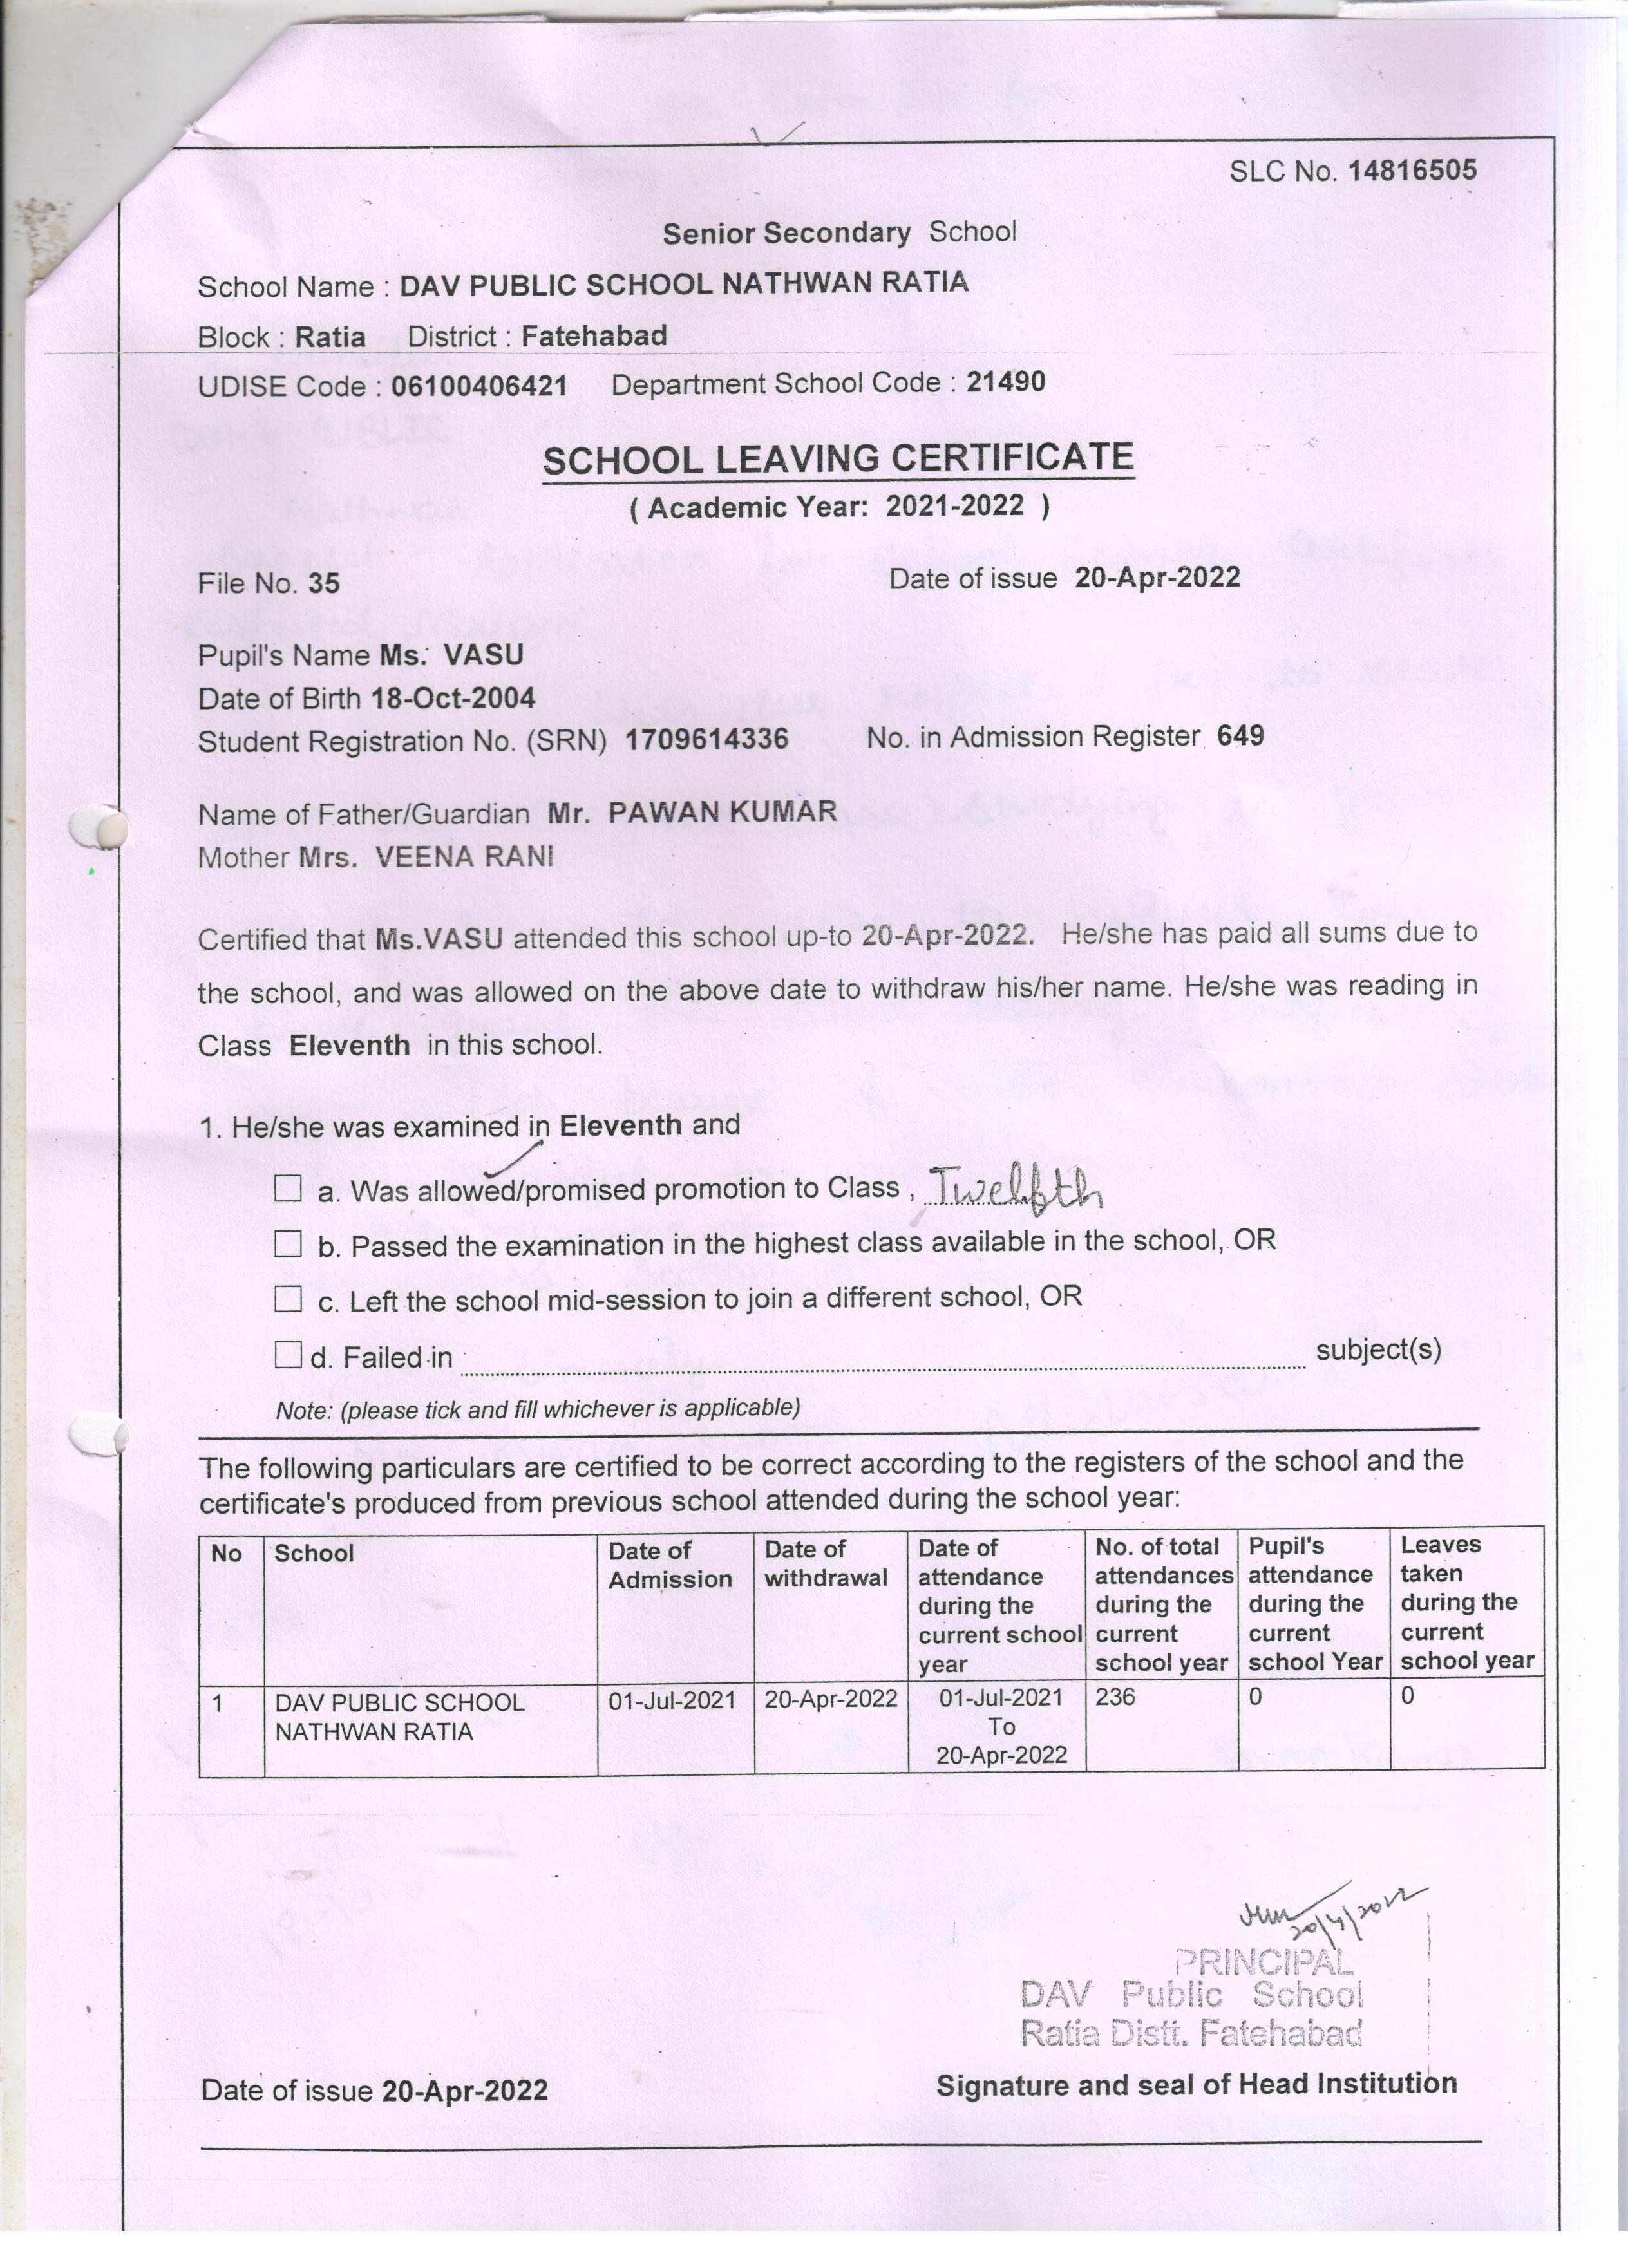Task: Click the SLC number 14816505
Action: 1411,170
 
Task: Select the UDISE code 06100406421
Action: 479,385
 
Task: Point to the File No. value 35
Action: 324,583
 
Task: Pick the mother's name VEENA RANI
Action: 464,856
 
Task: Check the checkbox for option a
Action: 288,1188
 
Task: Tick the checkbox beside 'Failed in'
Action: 288,1354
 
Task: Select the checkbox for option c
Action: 288,1298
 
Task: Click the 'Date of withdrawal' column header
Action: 826,1563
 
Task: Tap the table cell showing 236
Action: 1115,1697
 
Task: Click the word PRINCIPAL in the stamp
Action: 1265,1962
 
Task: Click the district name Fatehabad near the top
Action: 594,335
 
